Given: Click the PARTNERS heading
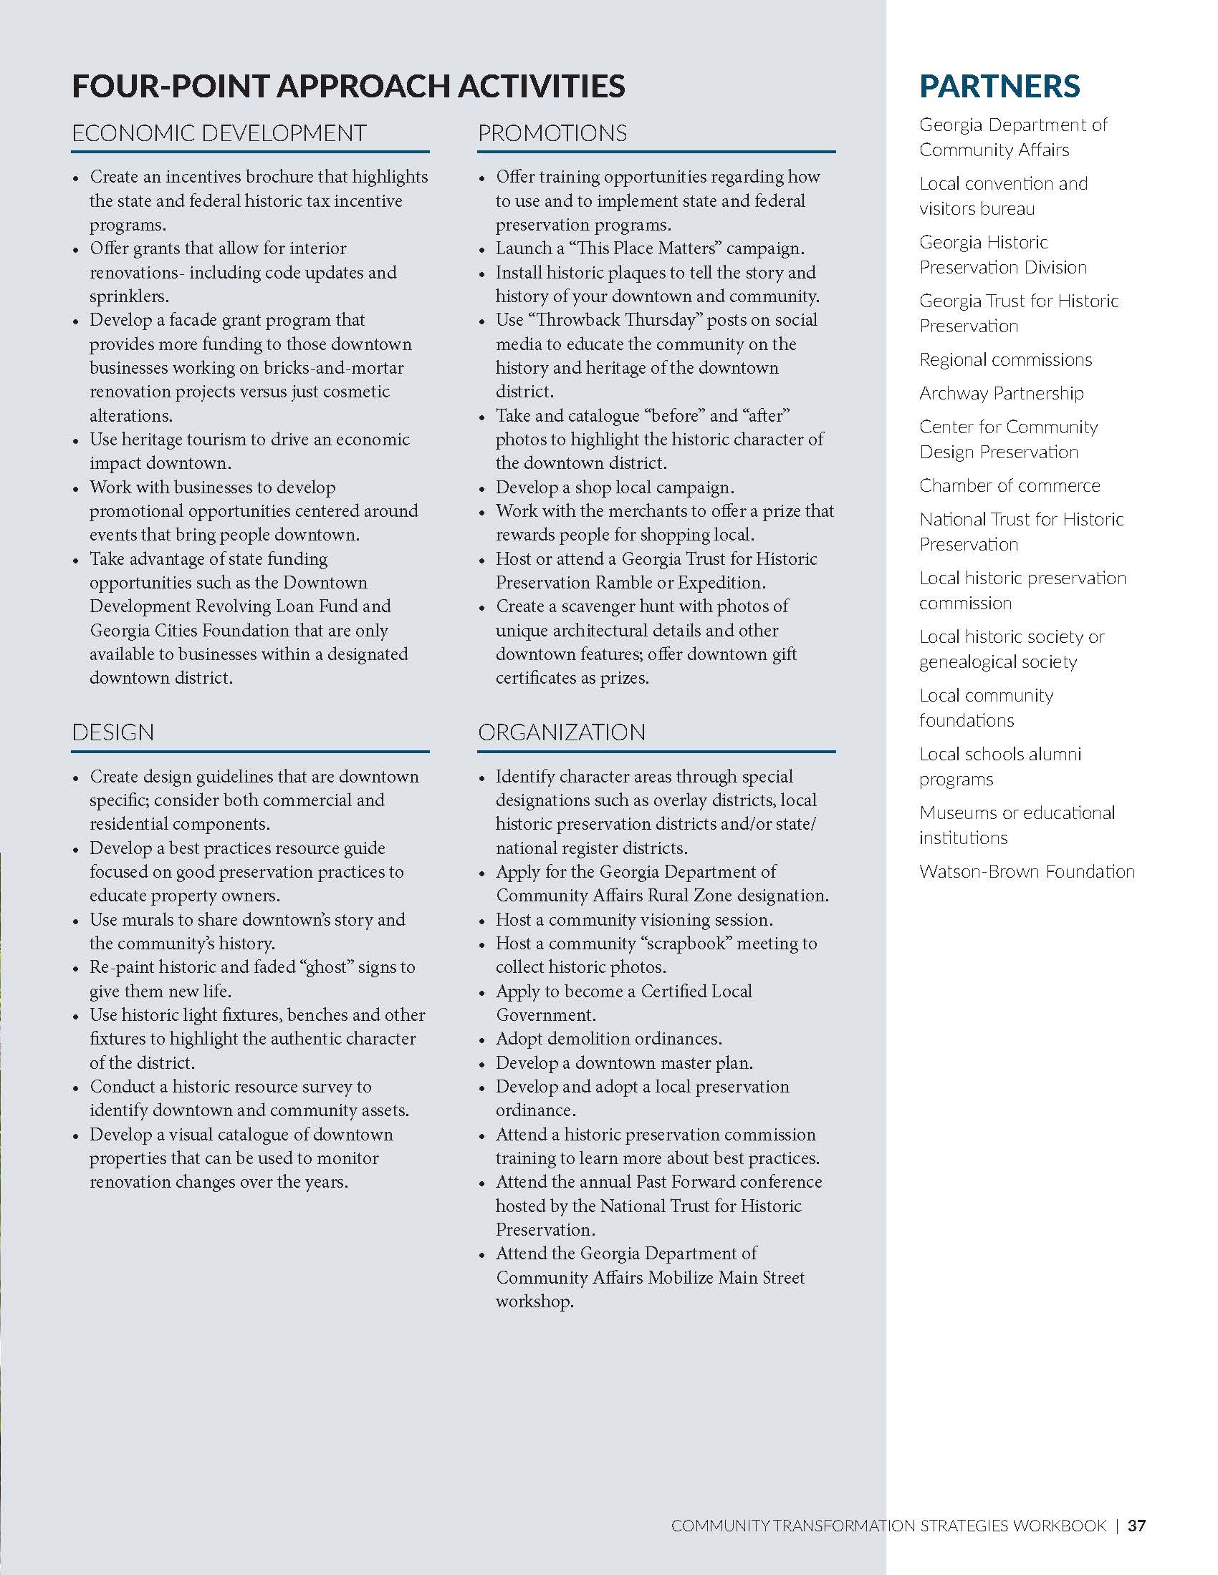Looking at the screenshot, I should [x=999, y=86].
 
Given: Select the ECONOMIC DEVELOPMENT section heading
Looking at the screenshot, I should [x=219, y=133].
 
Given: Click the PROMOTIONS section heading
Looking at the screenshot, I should [x=552, y=133].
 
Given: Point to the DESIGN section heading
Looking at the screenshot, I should [x=112, y=732].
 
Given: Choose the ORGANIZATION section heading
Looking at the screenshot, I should [x=562, y=732].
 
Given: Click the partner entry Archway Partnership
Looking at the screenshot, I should [x=1001, y=393].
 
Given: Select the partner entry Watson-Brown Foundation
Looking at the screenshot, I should [x=1027, y=871].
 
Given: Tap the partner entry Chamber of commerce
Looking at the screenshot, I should [x=1009, y=485].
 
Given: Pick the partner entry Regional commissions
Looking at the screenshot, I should [x=1005, y=359].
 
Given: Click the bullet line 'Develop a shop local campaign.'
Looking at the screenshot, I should [x=615, y=488].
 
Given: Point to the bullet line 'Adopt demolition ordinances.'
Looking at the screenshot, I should [x=608, y=1039].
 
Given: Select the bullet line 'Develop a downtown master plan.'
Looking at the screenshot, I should [x=624, y=1063].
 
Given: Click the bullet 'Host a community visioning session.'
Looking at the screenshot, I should [x=633, y=920].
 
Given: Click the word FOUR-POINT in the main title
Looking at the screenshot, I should [x=170, y=87].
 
